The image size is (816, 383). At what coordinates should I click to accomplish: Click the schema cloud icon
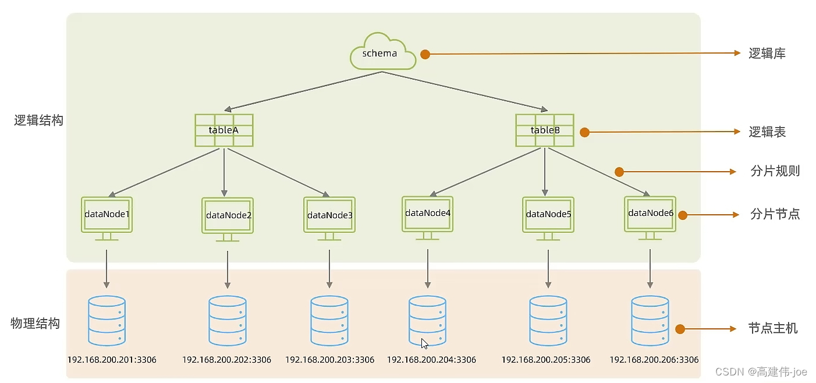pos(382,52)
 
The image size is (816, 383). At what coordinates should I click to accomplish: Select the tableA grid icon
pos(224,130)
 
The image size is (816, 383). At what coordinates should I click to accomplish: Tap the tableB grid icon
pos(545,130)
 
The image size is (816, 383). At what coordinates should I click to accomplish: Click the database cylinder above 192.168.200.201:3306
pos(107,321)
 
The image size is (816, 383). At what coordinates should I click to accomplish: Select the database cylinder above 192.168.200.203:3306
pos(329,321)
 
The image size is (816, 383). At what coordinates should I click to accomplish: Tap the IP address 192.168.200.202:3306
pos(226,360)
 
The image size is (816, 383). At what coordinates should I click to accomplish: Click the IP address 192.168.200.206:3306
pos(654,360)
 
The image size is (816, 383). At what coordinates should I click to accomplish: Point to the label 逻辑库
pos(767,54)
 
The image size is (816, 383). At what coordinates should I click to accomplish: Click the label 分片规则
pos(775,171)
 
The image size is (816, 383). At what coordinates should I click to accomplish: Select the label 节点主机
pos(773,329)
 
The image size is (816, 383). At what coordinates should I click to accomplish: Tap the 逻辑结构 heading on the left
pos(38,120)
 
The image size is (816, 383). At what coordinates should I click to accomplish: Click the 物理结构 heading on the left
pos(35,324)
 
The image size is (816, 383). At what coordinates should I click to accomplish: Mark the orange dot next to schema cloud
pos(425,54)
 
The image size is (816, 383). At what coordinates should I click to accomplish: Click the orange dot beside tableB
pos(585,132)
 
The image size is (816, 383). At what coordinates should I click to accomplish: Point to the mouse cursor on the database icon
pos(424,343)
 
